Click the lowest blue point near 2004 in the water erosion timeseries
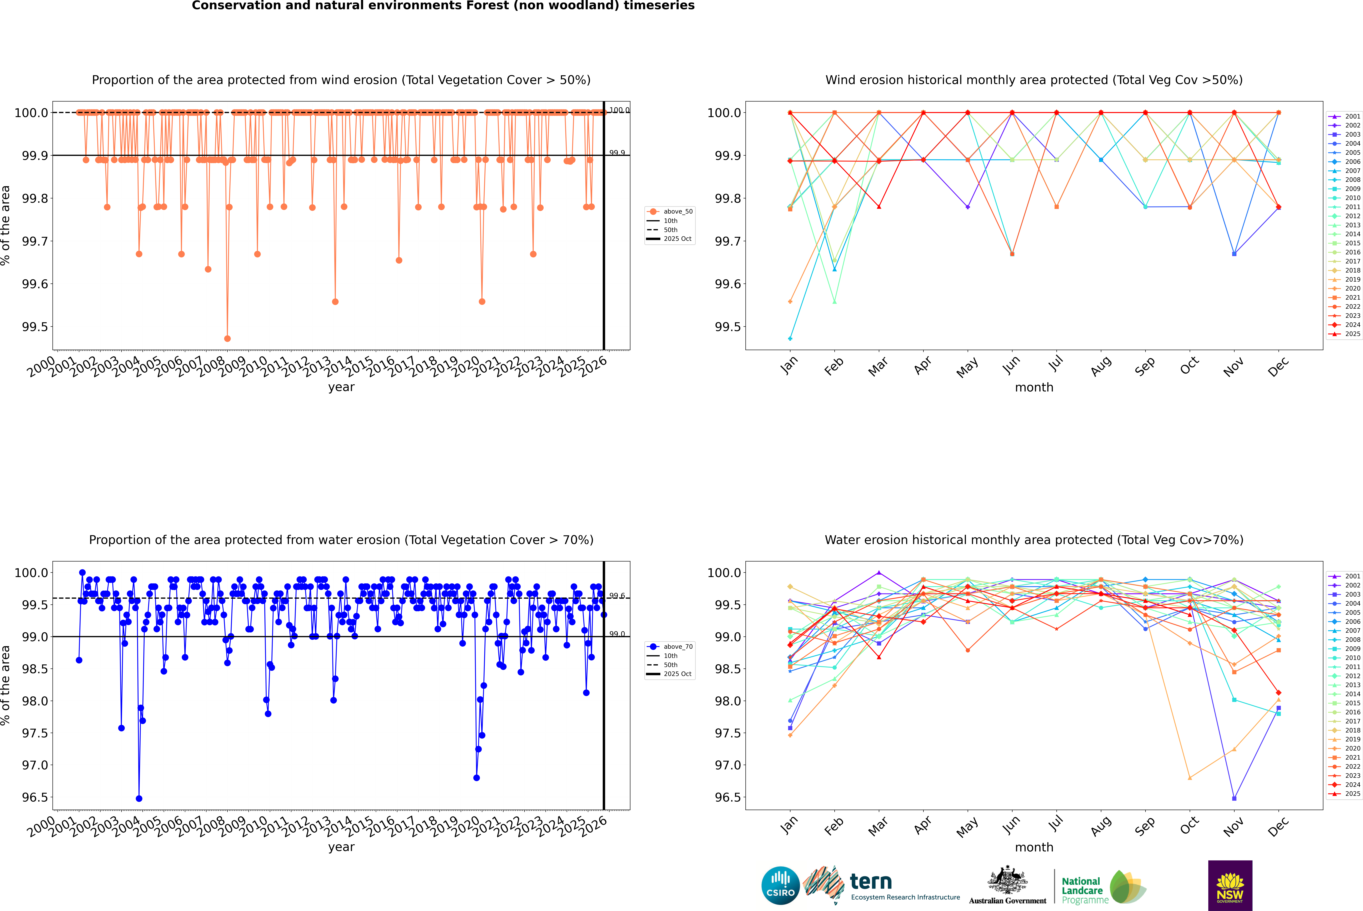139,798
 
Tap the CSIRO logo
780,885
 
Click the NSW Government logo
1230,885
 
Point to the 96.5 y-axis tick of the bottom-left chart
35,797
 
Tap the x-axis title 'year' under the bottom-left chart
341,847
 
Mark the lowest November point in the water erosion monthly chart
1234,798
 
